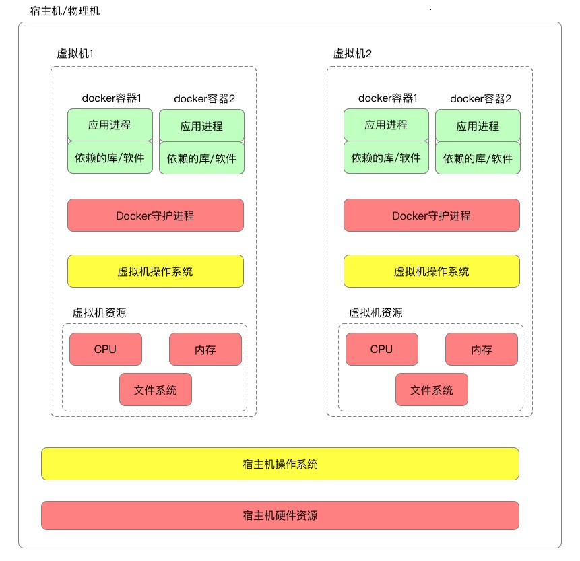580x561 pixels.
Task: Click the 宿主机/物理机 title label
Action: pyautogui.click(x=65, y=12)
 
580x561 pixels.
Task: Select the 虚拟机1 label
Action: pyautogui.click(x=79, y=54)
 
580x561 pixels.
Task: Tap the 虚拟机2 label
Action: pyautogui.click(x=352, y=54)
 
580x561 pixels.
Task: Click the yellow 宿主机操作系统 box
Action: pyautogui.click(x=280, y=464)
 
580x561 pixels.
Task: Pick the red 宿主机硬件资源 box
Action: pyautogui.click(x=280, y=516)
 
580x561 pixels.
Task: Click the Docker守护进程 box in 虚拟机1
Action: pyautogui.click(x=155, y=216)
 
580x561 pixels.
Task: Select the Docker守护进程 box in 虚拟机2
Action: pyautogui.click(x=431, y=216)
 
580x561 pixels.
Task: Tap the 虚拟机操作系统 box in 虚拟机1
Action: pyautogui.click(x=155, y=271)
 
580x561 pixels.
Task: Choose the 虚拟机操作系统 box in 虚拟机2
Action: pyautogui.click(x=431, y=271)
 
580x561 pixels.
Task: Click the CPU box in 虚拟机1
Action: pyautogui.click(x=106, y=349)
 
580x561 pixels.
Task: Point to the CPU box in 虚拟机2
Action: pyautogui.click(x=381, y=349)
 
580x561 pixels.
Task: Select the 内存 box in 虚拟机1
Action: pyautogui.click(x=205, y=350)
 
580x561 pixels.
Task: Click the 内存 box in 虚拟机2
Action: pyautogui.click(x=482, y=350)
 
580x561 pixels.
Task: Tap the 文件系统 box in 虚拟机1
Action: pyautogui.click(x=156, y=389)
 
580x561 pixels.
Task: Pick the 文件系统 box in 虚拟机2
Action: pyautogui.click(x=432, y=389)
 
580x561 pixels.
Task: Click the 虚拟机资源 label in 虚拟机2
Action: pyautogui.click(x=375, y=313)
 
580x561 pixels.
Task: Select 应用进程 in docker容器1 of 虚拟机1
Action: pyautogui.click(x=110, y=125)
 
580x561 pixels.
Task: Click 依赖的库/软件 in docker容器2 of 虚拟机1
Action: pyautogui.click(x=201, y=158)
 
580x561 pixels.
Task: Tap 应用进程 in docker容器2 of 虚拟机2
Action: pyautogui.click(x=478, y=126)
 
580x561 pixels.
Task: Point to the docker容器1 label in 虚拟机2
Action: pyautogui.click(x=387, y=98)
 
